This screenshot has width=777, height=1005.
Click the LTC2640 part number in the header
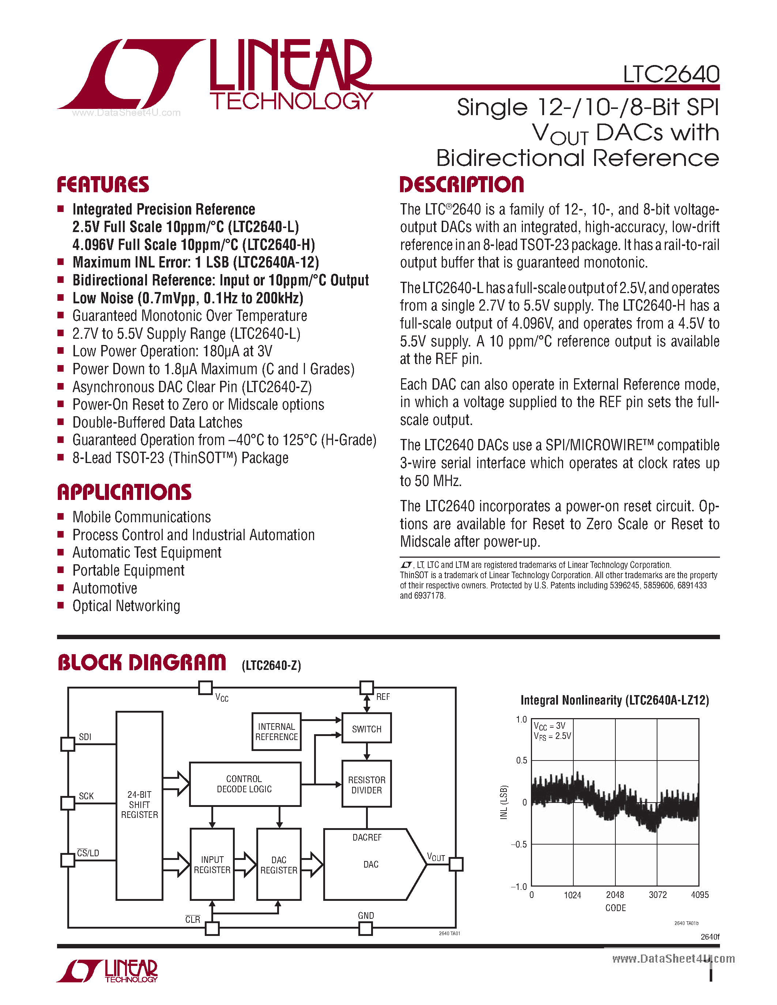671,75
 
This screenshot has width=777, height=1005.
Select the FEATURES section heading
103,185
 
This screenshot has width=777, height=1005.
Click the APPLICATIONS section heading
124,492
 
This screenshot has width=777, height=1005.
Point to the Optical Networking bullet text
126,606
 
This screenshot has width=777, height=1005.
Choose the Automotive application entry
105,588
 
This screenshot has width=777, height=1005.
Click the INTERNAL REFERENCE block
276,732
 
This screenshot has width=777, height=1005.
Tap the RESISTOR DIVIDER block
366,785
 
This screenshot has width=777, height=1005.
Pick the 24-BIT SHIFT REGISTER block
139,805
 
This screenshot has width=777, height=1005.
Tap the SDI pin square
68,744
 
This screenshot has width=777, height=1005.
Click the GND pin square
366,929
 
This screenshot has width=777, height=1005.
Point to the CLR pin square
212,929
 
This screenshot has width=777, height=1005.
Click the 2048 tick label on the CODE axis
615,895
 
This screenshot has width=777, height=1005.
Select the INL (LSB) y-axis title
503,802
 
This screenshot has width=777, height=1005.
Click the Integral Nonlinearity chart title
615,700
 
